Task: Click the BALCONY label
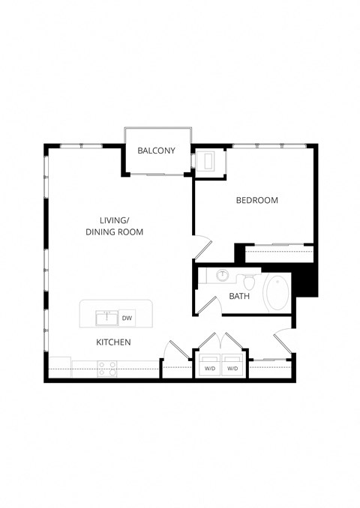point(156,151)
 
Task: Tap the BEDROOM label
point(257,200)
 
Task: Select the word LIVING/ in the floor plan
point(114,220)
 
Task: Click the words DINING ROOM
point(114,232)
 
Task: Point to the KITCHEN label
point(114,342)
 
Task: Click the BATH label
point(239,296)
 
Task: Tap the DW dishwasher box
point(127,318)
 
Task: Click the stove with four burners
point(106,368)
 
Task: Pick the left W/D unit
point(209,369)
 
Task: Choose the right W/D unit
point(232,369)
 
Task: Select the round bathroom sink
point(222,276)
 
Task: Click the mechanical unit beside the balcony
point(206,160)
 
